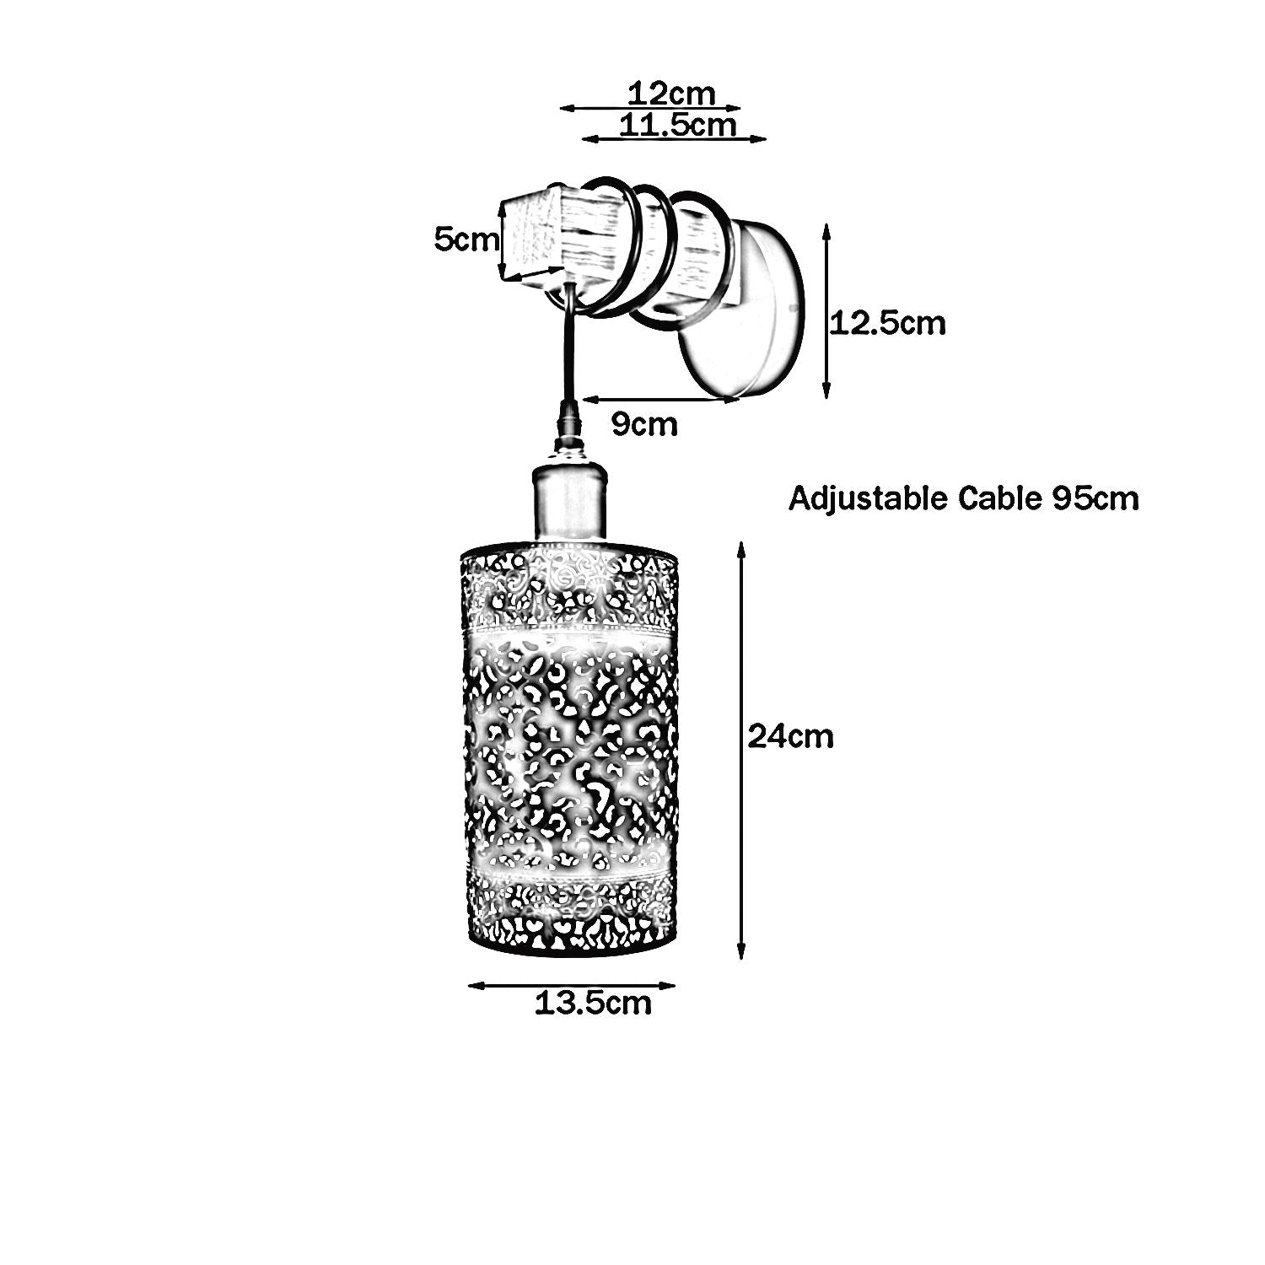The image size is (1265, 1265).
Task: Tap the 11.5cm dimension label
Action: coord(677,125)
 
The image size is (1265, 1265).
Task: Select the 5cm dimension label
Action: coord(466,240)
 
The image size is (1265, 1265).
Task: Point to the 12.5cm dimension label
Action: coord(888,323)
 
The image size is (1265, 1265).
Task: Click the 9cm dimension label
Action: coord(644,424)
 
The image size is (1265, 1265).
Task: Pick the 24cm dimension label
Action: coord(790,737)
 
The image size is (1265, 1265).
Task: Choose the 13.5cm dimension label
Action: coord(593,1003)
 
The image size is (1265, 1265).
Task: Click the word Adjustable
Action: coord(868,499)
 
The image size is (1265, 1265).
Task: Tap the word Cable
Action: coord(1001,499)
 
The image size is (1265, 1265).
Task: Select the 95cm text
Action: coord(1095,499)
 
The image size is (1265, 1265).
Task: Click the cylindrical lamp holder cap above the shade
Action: coord(570,503)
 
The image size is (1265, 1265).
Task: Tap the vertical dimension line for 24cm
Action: coord(741,751)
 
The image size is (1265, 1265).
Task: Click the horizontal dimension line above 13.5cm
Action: coord(572,984)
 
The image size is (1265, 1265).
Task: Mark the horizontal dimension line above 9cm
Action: coord(666,399)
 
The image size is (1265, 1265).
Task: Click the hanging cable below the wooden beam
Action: coord(568,354)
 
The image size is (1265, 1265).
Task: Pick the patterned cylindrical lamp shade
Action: coord(569,751)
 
